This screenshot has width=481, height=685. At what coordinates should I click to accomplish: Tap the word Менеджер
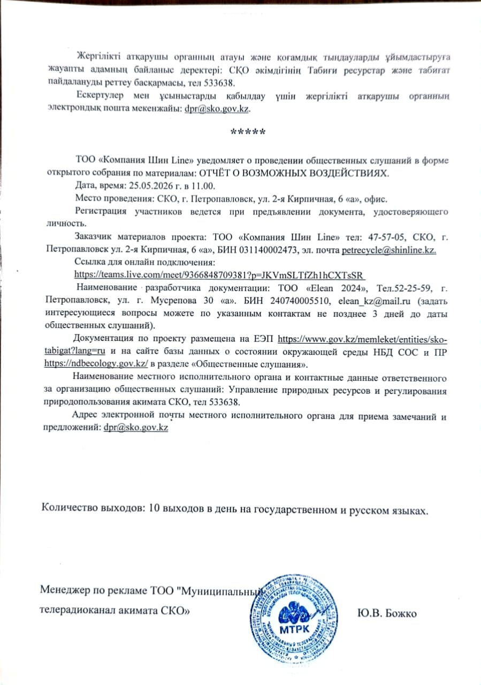click(x=64, y=590)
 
